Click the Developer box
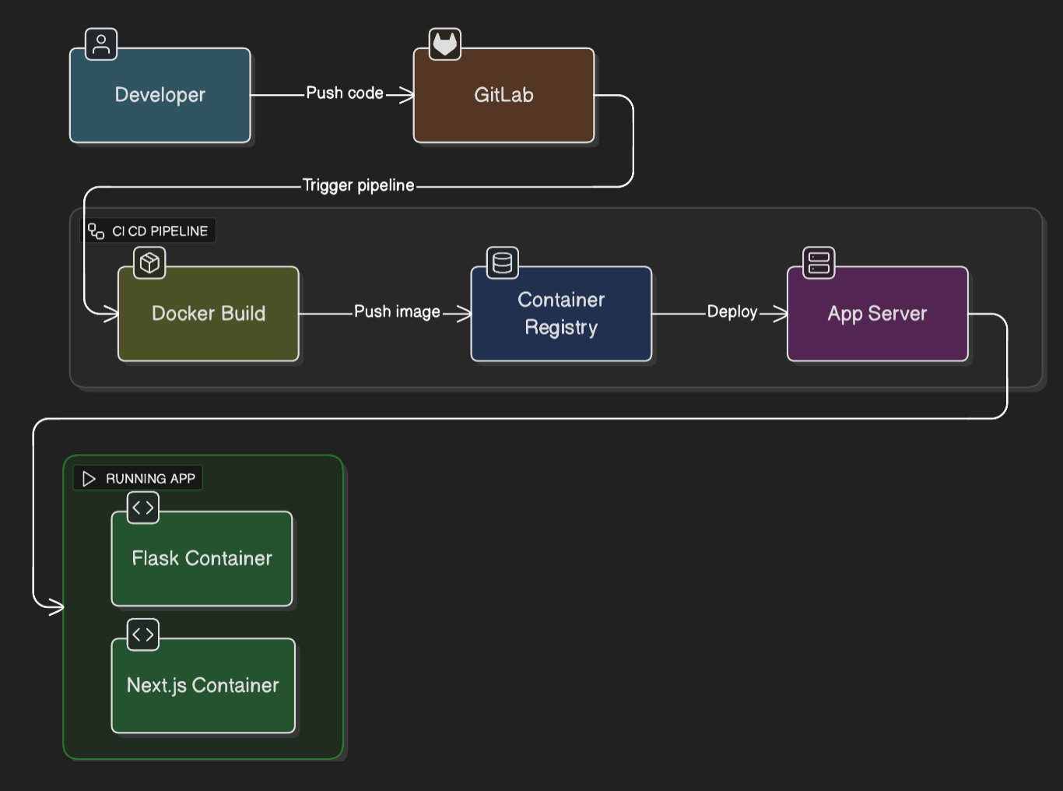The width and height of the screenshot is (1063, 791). coord(160,95)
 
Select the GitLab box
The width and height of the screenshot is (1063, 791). coord(503,95)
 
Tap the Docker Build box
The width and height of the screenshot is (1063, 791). coord(208,314)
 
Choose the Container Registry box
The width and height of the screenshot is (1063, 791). coord(561,314)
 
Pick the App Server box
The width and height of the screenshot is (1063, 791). coord(877,314)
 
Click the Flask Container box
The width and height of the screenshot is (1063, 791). coord(202,558)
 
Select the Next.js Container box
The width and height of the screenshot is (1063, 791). coord(202,685)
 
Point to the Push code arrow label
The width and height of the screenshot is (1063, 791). coord(345,93)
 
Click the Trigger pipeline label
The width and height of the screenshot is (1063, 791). coord(358,185)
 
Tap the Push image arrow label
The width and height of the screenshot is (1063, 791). coord(397,312)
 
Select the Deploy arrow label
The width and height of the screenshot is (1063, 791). coord(731,312)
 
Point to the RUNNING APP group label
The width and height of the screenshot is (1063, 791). coord(139,479)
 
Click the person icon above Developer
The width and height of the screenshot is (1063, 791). coord(101,44)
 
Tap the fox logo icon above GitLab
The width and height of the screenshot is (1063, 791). coord(445,44)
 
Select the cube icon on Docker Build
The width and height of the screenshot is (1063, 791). coord(149,263)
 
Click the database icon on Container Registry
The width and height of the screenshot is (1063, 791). coord(503,263)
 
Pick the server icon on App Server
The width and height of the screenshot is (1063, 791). coord(819,263)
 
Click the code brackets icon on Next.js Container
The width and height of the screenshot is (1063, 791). coord(143,635)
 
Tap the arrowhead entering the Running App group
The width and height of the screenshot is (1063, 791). coord(56,606)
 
